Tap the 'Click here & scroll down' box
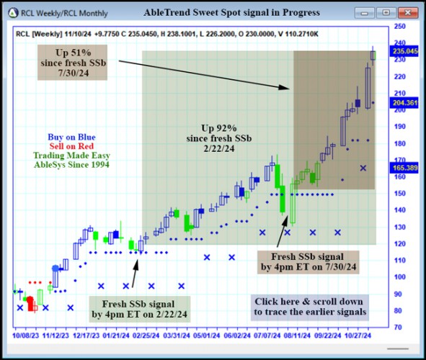(309, 307)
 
